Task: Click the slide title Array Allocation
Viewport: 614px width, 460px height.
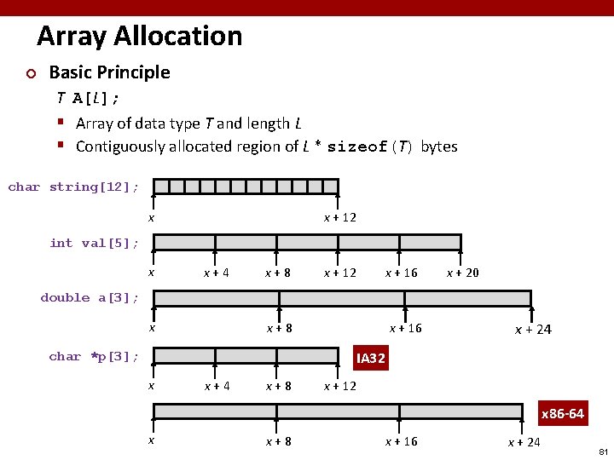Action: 140,36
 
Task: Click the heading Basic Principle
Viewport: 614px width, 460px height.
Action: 109,72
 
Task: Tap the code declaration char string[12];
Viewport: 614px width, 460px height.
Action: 74,187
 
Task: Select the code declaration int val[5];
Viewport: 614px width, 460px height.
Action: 95,243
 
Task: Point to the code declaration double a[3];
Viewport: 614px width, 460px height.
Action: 90,297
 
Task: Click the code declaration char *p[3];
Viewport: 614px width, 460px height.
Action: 94,356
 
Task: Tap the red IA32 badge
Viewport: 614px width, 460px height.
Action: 371,359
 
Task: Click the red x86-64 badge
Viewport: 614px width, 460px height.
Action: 563,414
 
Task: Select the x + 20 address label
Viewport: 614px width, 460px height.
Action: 463,273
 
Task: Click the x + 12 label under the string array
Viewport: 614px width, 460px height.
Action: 340,217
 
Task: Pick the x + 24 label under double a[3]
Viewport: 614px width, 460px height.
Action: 533,330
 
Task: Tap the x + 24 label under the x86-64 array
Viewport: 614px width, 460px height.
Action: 524,441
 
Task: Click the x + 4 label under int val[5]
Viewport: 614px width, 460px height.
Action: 216,273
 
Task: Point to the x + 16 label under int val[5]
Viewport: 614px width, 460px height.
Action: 402,273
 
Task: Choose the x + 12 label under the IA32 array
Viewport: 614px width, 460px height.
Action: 340,386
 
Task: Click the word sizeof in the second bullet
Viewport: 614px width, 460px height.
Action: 358,147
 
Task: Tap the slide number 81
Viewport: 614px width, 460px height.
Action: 603,451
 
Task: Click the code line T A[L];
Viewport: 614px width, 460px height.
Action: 88,98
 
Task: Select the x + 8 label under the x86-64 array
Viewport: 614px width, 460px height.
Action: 279,441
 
